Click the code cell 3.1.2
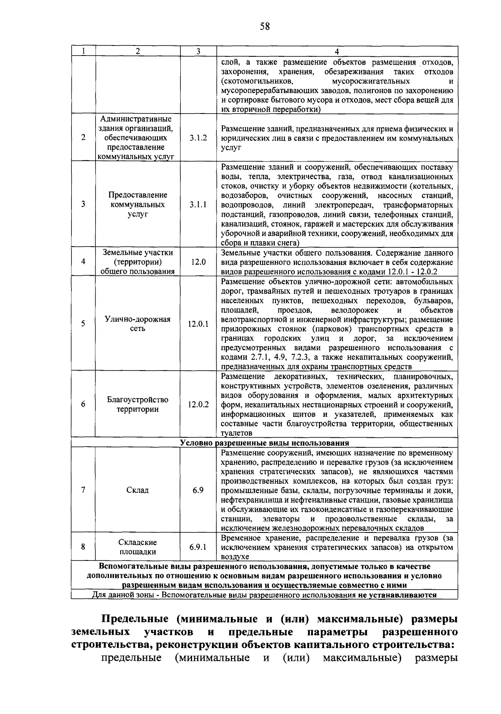pyautogui.click(x=198, y=138)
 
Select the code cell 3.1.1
pyautogui.click(x=198, y=204)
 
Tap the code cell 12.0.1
pyautogui.click(x=198, y=324)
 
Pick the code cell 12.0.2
pyautogui.click(x=198, y=404)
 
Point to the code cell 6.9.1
pyautogui.click(x=198, y=547)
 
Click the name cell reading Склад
pyautogui.click(x=137, y=490)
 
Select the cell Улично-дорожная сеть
pyautogui.click(x=137, y=324)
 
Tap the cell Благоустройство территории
pyautogui.click(x=137, y=404)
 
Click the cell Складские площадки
pyautogui.click(x=137, y=547)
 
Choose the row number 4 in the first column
pyautogui.click(x=83, y=262)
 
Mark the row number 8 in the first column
pyautogui.click(x=83, y=546)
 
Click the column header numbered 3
pyautogui.click(x=198, y=51)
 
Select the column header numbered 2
pyautogui.click(x=137, y=51)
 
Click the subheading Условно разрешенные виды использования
pyautogui.click(x=264, y=443)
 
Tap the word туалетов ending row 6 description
pyautogui.click(x=236, y=434)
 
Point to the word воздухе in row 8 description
pyautogui.click(x=235, y=557)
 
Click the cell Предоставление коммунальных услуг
pyautogui.click(x=137, y=204)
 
